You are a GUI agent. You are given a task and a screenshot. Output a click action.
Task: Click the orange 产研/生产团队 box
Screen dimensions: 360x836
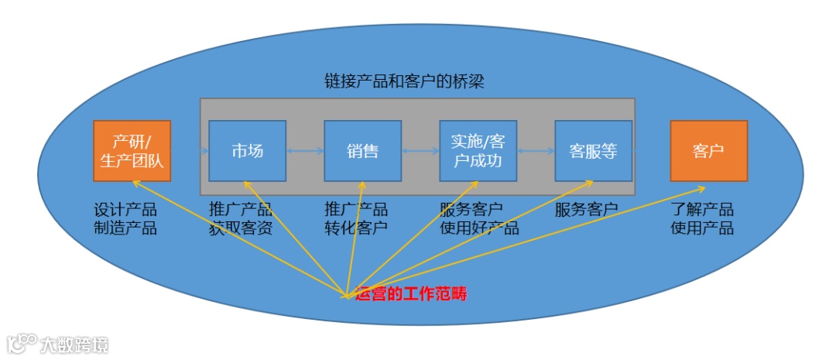click(132, 151)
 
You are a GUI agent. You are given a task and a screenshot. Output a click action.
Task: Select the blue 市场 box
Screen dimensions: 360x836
click(247, 151)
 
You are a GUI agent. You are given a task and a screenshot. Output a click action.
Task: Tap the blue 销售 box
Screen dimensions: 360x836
click(362, 151)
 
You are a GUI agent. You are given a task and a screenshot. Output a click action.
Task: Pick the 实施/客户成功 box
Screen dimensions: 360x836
click(478, 151)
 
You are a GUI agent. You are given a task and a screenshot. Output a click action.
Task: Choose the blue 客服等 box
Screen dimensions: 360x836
click(593, 151)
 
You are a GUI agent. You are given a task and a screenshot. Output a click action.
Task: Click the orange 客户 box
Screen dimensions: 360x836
click(708, 151)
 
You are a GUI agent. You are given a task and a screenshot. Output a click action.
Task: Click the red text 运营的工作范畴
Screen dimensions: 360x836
click(410, 295)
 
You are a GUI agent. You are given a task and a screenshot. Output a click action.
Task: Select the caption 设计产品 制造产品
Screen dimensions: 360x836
click(125, 219)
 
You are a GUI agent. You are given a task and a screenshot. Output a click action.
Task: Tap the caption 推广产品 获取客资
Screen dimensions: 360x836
click(241, 219)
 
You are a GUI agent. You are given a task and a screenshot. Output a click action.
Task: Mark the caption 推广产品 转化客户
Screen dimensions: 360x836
click(356, 219)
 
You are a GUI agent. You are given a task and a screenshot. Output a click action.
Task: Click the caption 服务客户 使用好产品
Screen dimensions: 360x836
click(479, 219)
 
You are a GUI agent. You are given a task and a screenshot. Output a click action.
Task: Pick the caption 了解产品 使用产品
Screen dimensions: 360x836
click(702, 219)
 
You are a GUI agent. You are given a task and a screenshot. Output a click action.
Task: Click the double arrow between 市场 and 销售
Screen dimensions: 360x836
click(305, 152)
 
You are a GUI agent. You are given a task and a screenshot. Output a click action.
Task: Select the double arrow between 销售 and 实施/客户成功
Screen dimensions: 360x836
click(420, 152)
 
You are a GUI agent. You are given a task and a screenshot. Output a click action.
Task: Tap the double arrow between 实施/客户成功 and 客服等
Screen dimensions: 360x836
click(536, 152)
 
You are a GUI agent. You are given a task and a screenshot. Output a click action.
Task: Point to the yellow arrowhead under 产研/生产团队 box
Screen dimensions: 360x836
click(135, 183)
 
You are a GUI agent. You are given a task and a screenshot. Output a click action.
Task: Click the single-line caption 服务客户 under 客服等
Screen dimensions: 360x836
click(586, 210)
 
